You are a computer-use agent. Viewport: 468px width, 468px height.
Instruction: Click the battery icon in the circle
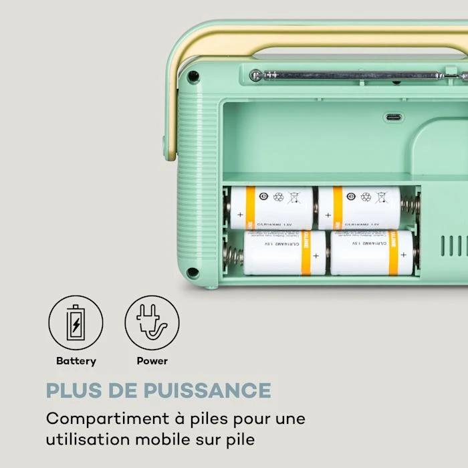click(76, 323)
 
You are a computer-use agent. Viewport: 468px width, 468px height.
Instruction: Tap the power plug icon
click(152, 323)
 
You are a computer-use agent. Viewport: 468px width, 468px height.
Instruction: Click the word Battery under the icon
click(76, 361)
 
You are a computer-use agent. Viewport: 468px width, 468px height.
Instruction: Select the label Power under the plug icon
click(152, 361)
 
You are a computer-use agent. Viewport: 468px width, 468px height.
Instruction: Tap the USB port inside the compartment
click(393, 118)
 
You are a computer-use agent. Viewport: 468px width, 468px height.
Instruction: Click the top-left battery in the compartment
click(270, 207)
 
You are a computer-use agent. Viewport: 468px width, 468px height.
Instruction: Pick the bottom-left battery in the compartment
click(284, 253)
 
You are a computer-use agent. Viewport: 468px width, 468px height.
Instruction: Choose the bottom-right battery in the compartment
click(372, 253)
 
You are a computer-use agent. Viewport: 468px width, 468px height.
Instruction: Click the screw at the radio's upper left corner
click(193, 76)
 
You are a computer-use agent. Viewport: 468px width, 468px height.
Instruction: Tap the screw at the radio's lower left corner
click(193, 272)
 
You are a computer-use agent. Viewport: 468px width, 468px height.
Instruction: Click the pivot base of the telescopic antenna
click(256, 75)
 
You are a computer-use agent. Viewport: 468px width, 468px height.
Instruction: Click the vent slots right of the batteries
click(454, 245)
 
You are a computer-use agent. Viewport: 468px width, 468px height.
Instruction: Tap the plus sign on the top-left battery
click(239, 215)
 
